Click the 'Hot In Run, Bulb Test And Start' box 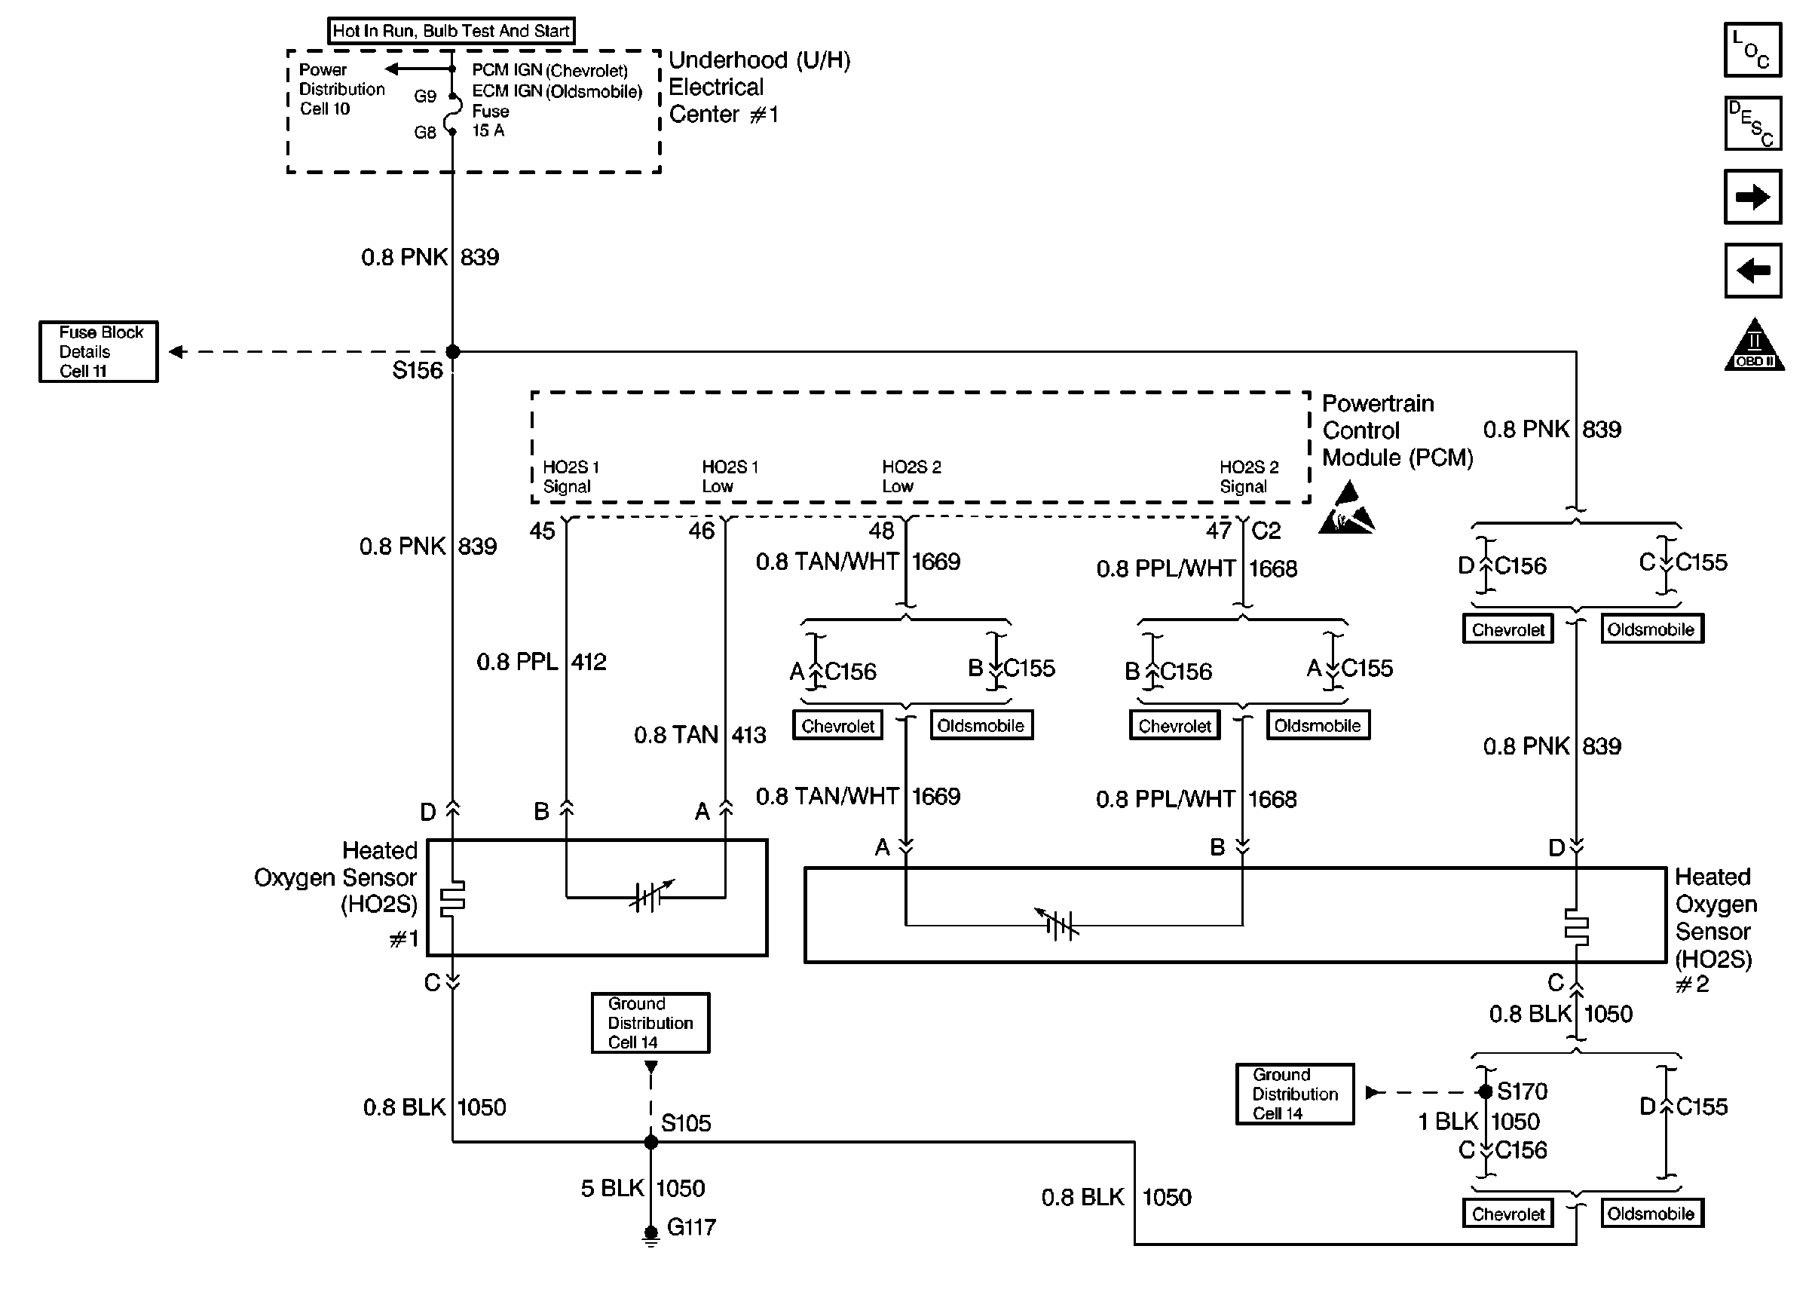tap(451, 31)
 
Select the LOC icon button tap(1752, 50)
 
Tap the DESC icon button tap(1752, 124)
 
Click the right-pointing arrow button tap(1752, 196)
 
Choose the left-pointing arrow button tap(1752, 271)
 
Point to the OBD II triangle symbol tap(1754, 344)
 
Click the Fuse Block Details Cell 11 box tap(99, 352)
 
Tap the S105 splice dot tap(650, 1142)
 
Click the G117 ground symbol tap(650, 1235)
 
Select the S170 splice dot tap(1485, 1091)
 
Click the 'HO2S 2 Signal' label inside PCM tap(1249, 477)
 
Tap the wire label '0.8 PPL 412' tap(541, 662)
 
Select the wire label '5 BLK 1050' tap(642, 1188)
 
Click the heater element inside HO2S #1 tap(453, 897)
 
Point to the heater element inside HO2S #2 tap(1576, 926)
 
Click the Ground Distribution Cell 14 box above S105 tap(650, 1023)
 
